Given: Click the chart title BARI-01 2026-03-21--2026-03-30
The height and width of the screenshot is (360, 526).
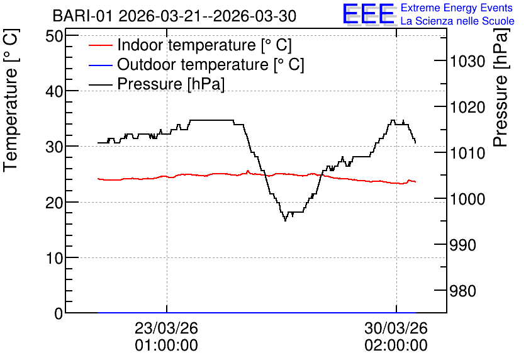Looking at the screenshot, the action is pos(174,16).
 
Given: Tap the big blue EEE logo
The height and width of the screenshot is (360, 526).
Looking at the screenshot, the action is pos(369,14).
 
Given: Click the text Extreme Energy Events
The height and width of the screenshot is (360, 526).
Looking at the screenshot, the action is pos(457,8).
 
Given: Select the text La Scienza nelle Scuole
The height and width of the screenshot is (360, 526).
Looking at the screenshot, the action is pos(457,21).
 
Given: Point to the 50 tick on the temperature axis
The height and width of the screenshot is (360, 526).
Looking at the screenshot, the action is pos(54,36).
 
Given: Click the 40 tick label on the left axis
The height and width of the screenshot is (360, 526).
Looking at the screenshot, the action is pos(54,91).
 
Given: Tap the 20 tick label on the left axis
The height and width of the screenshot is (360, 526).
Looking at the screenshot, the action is pos(54,202).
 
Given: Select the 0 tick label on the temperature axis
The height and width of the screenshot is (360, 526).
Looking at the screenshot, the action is pos(59,313).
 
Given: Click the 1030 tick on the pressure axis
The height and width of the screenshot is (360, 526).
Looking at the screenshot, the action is pos(467,62).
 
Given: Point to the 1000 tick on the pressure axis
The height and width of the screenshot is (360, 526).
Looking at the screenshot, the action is pos(467,200).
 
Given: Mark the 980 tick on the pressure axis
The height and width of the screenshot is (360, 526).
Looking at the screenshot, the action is pos(462,291).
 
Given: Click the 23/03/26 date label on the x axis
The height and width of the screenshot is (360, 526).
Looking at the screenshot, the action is pos(166,328).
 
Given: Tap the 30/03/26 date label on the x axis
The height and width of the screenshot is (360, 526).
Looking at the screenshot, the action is pos(396,328).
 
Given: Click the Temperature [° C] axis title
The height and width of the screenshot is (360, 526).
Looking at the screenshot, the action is pos(11,100).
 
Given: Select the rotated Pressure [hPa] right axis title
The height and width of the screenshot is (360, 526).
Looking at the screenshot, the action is pos(501,87).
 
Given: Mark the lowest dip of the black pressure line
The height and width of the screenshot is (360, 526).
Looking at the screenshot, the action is pos(286,221).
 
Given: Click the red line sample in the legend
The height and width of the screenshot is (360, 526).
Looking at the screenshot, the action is pos(100,45).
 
